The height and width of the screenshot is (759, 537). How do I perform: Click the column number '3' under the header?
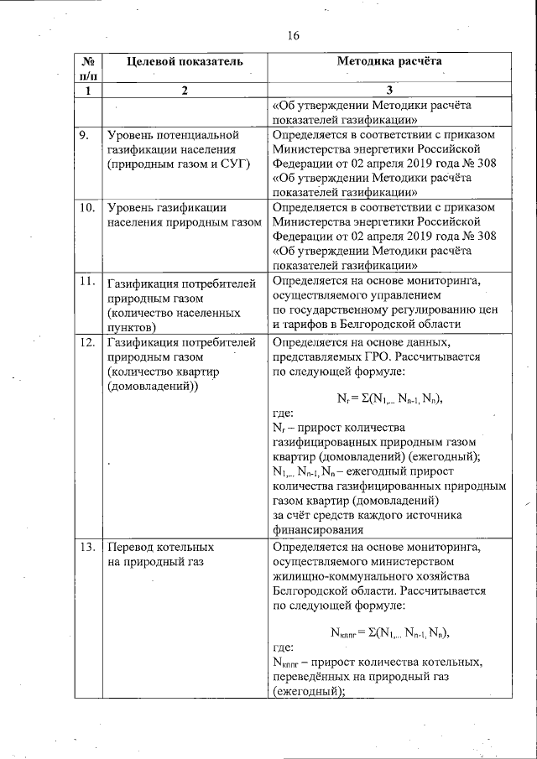pos(388,91)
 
